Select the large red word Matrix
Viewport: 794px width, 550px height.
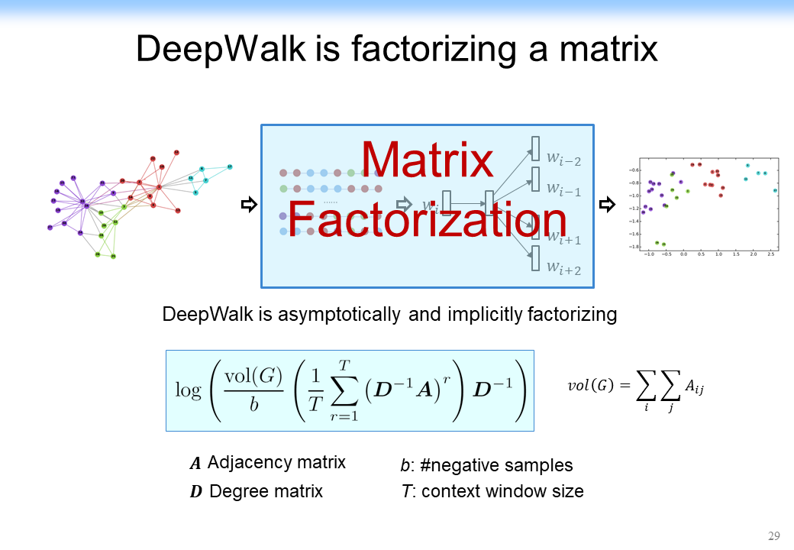coord(428,160)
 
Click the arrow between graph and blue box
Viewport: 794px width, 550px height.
coord(247,205)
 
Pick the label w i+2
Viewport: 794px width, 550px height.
coord(563,267)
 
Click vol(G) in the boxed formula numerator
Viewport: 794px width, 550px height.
coord(254,377)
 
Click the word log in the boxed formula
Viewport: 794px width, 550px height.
coord(188,390)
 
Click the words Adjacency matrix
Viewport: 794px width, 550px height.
coord(276,462)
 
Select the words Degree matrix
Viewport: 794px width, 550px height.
coord(266,491)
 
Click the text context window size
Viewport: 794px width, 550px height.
coord(502,491)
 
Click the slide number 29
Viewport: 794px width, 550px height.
coord(773,535)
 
